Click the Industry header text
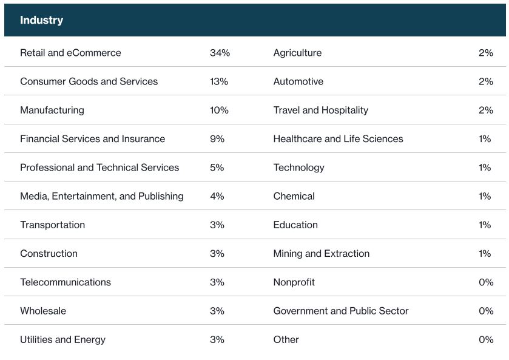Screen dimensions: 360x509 [x=41, y=20]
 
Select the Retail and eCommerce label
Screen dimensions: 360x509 [x=70, y=53]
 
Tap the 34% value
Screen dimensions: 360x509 [x=220, y=53]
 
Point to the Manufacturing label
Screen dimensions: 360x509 [x=52, y=110]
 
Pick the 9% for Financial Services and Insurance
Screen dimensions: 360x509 [x=217, y=139]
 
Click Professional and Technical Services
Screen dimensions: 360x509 [x=99, y=168]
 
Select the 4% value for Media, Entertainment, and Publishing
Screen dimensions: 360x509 [x=217, y=196]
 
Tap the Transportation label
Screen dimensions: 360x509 [x=53, y=225]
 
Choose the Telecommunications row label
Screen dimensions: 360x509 [x=66, y=282]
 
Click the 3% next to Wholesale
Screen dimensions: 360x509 [x=217, y=311]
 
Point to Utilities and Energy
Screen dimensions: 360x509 [x=62, y=339]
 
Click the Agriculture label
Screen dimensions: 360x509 [x=297, y=53]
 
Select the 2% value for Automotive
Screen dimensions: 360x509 [x=485, y=81]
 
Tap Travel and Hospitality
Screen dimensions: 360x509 [x=320, y=110]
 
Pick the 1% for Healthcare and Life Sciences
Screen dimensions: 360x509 [x=485, y=139]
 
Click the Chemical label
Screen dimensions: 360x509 [x=294, y=196]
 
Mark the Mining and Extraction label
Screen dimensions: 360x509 [x=321, y=254]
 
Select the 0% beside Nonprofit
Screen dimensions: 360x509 [x=486, y=282]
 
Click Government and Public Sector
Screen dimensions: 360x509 [x=340, y=311]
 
